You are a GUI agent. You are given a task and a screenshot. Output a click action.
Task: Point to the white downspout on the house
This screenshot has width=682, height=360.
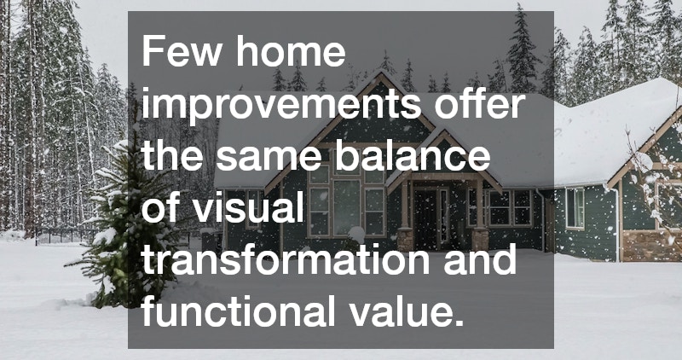click(x=616, y=222)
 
